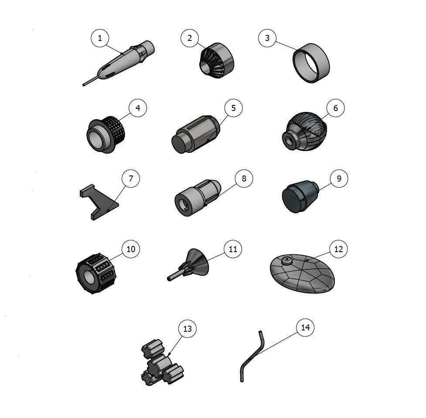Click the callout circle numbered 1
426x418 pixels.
click(100, 38)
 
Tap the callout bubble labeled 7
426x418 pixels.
click(131, 179)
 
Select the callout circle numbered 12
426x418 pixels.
click(338, 249)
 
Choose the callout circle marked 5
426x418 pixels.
click(234, 108)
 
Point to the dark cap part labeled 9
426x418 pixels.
click(300, 197)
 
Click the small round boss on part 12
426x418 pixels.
click(286, 261)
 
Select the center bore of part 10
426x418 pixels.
click(89, 280)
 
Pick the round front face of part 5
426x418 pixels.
click(179, 144)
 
